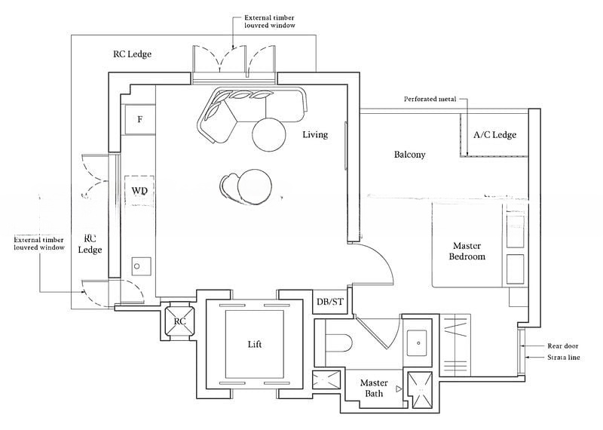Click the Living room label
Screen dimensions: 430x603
tap(315, 135)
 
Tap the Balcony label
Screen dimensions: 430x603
tap(410, 155)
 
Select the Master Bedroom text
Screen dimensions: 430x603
tap(468, 251)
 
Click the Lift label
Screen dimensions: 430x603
tap(254, 344)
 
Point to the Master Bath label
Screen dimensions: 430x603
tap(374, 388)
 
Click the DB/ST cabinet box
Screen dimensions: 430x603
tap(329, 302)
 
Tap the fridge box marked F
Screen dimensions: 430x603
tap(139, 119)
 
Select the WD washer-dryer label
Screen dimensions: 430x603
tap(139, 191)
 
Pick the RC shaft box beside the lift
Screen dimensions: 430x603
tap(179, 321)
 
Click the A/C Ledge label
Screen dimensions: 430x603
tap(494, 135)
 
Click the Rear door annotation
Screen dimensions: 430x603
tap(562, 346)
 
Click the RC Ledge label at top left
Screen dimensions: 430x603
tap(133, 54)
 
